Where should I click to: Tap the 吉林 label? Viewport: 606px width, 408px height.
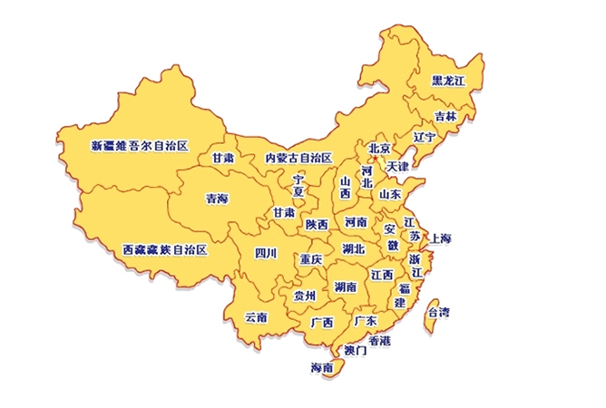click(x=445, y=116)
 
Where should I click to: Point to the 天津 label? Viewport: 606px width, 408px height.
click(x=397, y=167)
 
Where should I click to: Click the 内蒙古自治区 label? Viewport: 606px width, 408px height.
click(x=298, y=158)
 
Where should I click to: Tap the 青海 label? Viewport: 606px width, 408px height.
click(x=217, y=198)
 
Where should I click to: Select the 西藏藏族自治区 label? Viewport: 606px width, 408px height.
click(x=165, y=248)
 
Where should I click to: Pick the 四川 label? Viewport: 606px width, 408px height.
click(x=266, y=252)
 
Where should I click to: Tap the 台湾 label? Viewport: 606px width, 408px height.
click(x=438, y=312)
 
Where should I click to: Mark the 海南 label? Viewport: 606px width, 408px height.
click(x=322, y=368)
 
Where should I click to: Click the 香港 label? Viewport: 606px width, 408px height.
click(x=379, y=340)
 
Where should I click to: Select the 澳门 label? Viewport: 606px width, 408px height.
click(x=355, y=349)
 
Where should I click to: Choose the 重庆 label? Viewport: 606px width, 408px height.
click(x=311, y=259)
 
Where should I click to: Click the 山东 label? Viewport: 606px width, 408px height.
click(x=390, y=193)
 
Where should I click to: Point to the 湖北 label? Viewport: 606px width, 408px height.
click(x=353, y=248)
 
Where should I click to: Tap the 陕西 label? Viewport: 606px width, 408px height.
click(x=317, y=224)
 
